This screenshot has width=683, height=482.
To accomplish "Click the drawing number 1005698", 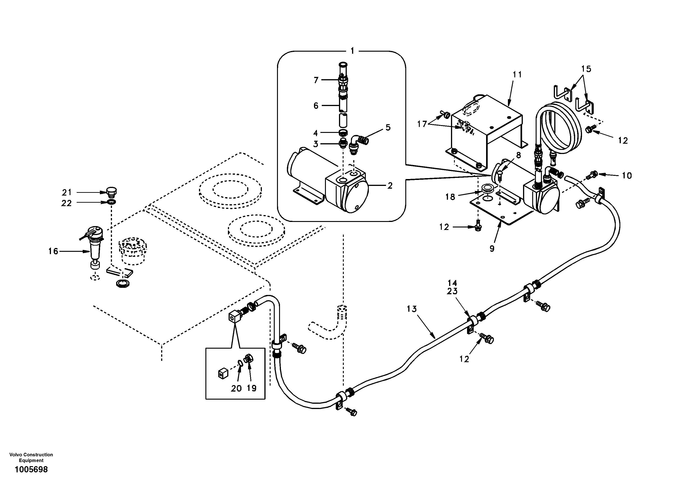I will (x=31, y=470).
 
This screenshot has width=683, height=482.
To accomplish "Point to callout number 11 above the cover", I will (x=517, y=74).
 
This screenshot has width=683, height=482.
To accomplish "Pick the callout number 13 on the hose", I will (x=412, y=309).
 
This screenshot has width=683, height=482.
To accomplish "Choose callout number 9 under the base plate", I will (x=492, y=248).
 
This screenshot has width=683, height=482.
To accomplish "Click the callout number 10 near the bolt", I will (x=627, y=176).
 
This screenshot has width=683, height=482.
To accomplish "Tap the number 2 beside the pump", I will (x=390, y=186).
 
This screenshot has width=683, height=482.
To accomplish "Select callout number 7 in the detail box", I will (x=316, y=80).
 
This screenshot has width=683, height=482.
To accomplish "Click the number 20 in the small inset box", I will (x=236, y=389).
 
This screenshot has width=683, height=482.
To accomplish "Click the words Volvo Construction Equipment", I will (x=31, y=457).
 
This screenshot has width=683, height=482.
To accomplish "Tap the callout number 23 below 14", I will (x=452, y=291).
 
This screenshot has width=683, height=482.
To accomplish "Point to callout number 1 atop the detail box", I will (x=352, y=51).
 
